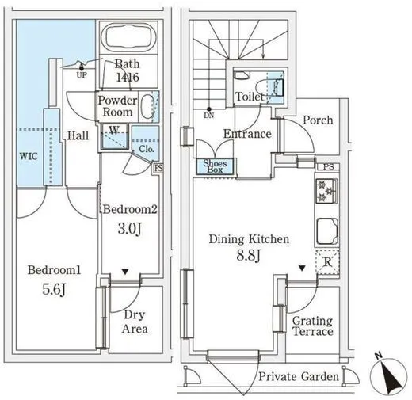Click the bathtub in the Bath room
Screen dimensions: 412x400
[128, 37]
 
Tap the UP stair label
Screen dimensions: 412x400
[82, 75]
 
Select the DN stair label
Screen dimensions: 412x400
[209, 116]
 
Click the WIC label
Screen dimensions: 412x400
[29, 156]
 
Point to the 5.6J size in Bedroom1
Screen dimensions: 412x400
[54, 290]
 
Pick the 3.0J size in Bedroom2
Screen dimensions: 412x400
[129, 229]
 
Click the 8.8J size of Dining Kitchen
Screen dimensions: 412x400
[248, 255]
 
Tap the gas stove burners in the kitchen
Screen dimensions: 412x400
[326, 191]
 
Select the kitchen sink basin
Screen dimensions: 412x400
[327, 231]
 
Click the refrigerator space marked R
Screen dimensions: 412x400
[327, 262]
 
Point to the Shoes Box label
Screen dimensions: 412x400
[215, 166]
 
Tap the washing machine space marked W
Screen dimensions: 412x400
[115, 136]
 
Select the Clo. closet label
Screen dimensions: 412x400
[147, 149]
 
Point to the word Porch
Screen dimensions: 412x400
[318, 120]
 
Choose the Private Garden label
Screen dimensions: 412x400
[299, 376]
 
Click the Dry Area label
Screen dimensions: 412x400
[135, 322]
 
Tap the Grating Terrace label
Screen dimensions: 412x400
[313, 326]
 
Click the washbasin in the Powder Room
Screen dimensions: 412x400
[147, 107]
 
